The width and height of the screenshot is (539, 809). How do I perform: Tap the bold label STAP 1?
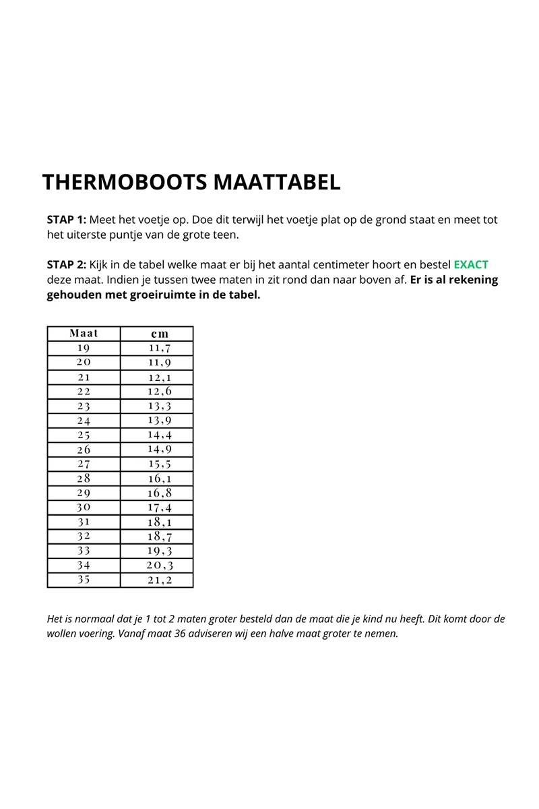(67, 220)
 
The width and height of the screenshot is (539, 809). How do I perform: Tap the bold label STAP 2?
(67, 265)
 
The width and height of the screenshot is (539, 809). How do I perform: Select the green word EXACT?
(471, 265)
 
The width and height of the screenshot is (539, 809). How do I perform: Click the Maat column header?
(84, 334)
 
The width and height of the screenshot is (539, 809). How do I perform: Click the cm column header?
(160, 334)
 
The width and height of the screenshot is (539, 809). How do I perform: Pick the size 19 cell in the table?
(84, 348)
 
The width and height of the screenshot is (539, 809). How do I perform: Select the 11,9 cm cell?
(160, 363)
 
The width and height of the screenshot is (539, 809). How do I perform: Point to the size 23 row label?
(84, 406)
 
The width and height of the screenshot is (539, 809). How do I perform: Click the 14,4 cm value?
(160, 435)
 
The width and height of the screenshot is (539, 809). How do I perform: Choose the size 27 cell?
(84, 464)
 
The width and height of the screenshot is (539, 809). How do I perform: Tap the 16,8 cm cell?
(160, 493)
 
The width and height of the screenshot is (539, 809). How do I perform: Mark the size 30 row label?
(84, 507)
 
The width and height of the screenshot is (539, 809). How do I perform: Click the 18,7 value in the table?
(160, 536)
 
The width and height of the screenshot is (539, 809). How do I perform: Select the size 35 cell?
(84, 579)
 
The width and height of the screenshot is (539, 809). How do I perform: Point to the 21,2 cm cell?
(160, 579)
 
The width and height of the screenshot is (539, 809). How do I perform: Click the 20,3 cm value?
(160, 565)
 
